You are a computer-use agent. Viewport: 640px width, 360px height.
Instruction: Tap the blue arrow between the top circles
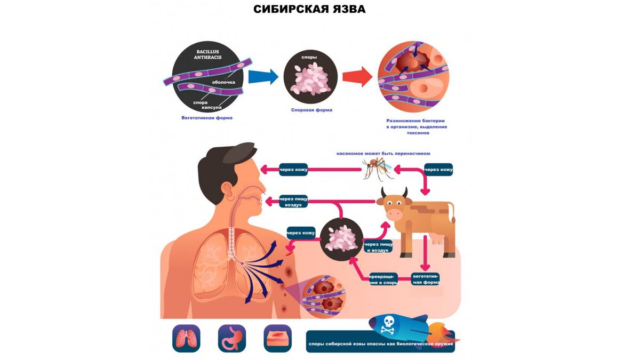click(x=263, y=76)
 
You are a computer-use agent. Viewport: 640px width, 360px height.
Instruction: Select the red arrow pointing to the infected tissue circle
click(x=357, y=76)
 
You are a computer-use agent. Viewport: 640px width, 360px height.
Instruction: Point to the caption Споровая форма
click(x=311, y=110)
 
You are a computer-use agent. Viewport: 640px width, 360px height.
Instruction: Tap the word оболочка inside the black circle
click(x=223, y=82)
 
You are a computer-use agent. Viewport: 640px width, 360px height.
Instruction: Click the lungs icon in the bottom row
click(x=186, y=339)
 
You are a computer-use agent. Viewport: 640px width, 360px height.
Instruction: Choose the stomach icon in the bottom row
click(x=232, y=339)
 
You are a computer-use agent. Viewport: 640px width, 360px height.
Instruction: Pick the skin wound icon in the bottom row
click(x=278, y=339)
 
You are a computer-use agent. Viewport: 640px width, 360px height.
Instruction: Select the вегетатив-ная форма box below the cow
click(x=426, y=279)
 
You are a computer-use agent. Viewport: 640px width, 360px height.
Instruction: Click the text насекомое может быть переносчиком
click(x=383, y=153)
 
